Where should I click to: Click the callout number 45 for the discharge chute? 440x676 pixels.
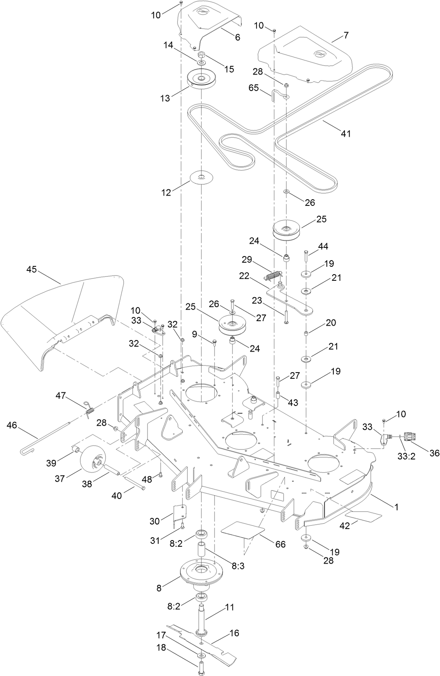coord(31,270)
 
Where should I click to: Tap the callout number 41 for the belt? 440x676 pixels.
coord(346,133)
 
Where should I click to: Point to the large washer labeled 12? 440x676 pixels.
coord(201,178)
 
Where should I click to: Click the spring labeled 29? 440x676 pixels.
coord(274,275)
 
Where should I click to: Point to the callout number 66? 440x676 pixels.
coord(280,544)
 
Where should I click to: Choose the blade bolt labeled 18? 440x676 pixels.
coord(201,668)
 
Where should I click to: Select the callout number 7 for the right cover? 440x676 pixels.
coord(346,35)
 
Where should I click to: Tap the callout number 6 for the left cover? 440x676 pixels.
coord(237,37)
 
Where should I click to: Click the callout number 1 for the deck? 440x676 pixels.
coord(396,507)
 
